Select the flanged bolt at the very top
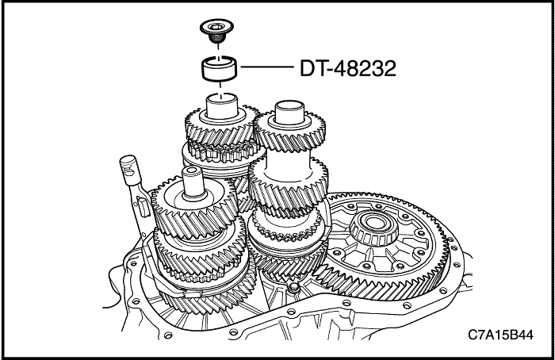[216, 33]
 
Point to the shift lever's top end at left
[125, 164]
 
